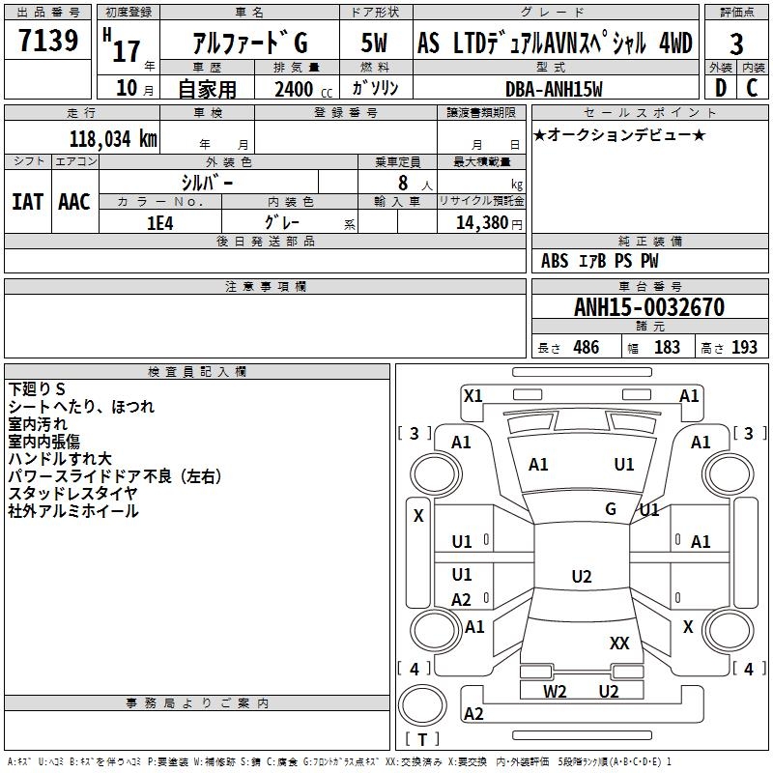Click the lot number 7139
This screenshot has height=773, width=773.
[x=48, y=42]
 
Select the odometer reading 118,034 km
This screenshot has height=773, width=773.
[x=112, y=138]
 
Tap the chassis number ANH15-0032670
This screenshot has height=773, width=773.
[x=648, y=308]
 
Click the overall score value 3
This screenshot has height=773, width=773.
[x=736, y=43]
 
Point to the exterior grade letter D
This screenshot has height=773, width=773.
[x=719, y=88]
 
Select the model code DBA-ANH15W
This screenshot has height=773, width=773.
[x=554, y=89]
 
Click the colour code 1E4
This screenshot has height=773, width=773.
[x=160, y=222]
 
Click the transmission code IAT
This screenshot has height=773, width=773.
[x=27, y=202]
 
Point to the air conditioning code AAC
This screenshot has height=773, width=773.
[x=74, y=202]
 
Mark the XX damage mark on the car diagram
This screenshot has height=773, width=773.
[x=619, y=643]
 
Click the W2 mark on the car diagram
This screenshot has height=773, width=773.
[x=555, y=691]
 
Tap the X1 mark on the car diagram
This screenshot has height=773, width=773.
[x=473, y=395]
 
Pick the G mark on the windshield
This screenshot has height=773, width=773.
[x=611, y=508]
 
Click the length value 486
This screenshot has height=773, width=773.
[x=586, y=348]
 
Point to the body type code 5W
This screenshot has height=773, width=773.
[x=375, y=43]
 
